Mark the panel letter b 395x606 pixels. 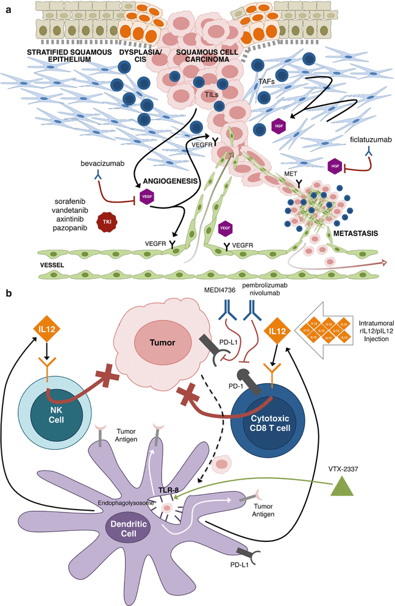pyautogui.click(x=8, y=294)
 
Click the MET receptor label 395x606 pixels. pyautogui.click(x=291, y=175)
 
